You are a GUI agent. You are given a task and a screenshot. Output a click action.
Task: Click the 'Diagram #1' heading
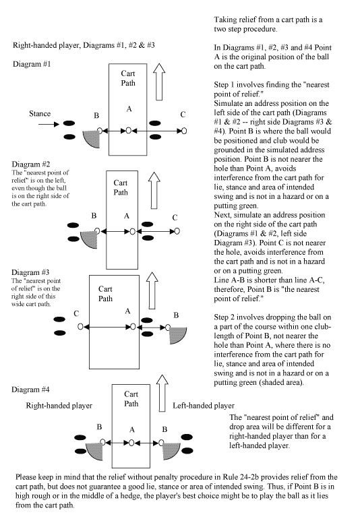[32, 64]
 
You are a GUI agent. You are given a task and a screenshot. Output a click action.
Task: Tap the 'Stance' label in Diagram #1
[40, 114]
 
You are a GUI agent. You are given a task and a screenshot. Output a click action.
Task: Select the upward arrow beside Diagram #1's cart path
[159, 82]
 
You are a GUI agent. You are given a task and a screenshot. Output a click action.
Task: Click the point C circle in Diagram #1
[183, 131]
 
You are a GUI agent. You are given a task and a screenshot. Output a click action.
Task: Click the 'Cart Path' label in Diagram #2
[120, 187]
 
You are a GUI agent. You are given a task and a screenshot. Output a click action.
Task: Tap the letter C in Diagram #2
[175, 218]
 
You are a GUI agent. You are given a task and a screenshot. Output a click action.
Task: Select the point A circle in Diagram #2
[132, 231]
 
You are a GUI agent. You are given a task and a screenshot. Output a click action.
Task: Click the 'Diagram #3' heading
[30, 272]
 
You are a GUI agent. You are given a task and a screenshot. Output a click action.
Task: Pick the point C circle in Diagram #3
[80, 326]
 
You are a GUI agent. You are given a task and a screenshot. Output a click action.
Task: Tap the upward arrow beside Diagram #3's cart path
[152, 290]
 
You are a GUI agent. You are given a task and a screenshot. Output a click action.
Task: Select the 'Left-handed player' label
[204, 406]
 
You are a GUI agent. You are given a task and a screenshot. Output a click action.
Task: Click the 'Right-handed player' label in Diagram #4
[59, 406]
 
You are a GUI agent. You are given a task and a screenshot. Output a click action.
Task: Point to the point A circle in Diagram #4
[131, 443]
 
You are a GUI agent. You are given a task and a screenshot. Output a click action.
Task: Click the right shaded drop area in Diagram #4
[171, 451]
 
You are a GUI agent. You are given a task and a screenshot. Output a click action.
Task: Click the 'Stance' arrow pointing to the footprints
[49, 125]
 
